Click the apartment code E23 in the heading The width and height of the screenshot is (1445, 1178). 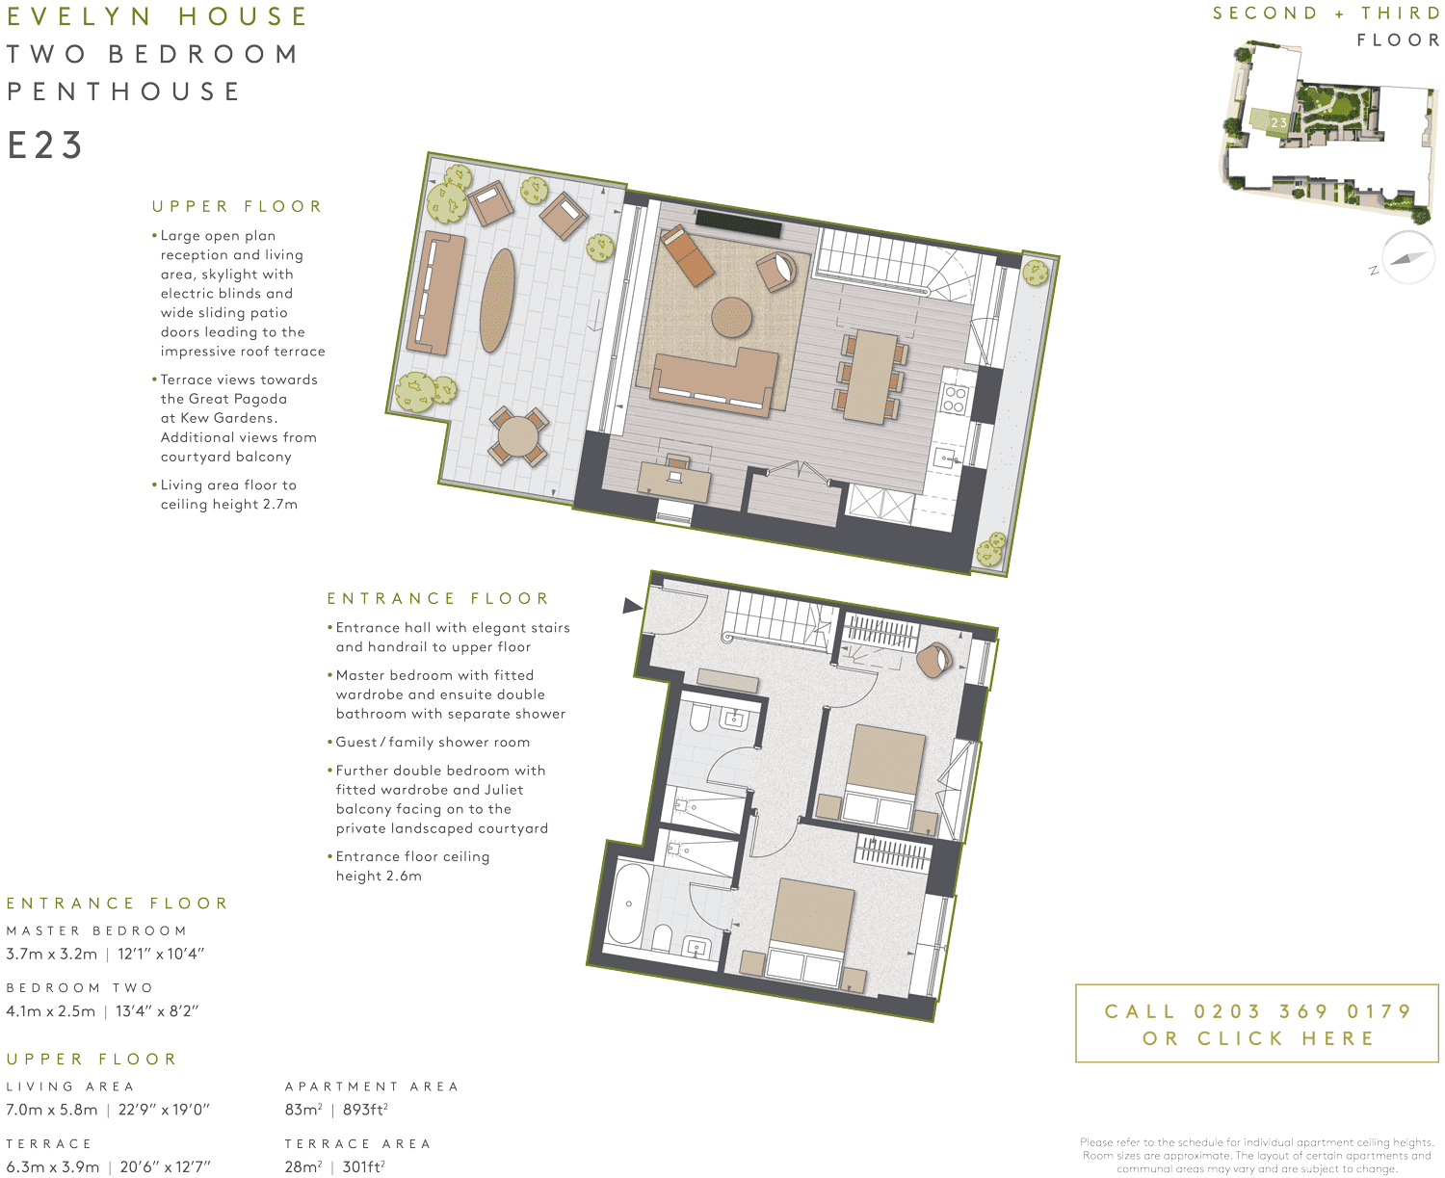[x=45, y=145]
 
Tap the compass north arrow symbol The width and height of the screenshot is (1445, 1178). [x=1407, y=258]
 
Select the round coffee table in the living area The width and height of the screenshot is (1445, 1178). [x=732, y=317]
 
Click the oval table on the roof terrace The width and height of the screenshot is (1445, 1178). [x=497, y=301]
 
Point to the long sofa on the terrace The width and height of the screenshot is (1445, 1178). [x=435, y=292]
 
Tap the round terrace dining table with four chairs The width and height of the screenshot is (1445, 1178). [x=518, y=436]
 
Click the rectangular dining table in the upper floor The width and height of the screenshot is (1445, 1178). [x=871, y=377]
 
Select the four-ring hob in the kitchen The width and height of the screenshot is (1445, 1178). [x=954, y=398]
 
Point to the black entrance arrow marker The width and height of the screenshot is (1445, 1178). [x=632, y=606]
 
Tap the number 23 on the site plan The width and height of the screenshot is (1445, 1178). [x=1278, y=123]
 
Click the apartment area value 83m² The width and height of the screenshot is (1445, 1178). [x=303, y=1110]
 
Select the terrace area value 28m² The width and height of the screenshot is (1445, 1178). [x=303, y=1166]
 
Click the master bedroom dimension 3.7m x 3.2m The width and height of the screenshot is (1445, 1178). [x=52, y=955]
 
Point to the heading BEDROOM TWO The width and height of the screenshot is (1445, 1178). [x=79, y=988]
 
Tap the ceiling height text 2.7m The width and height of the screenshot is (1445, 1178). [x=280, y=505]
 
